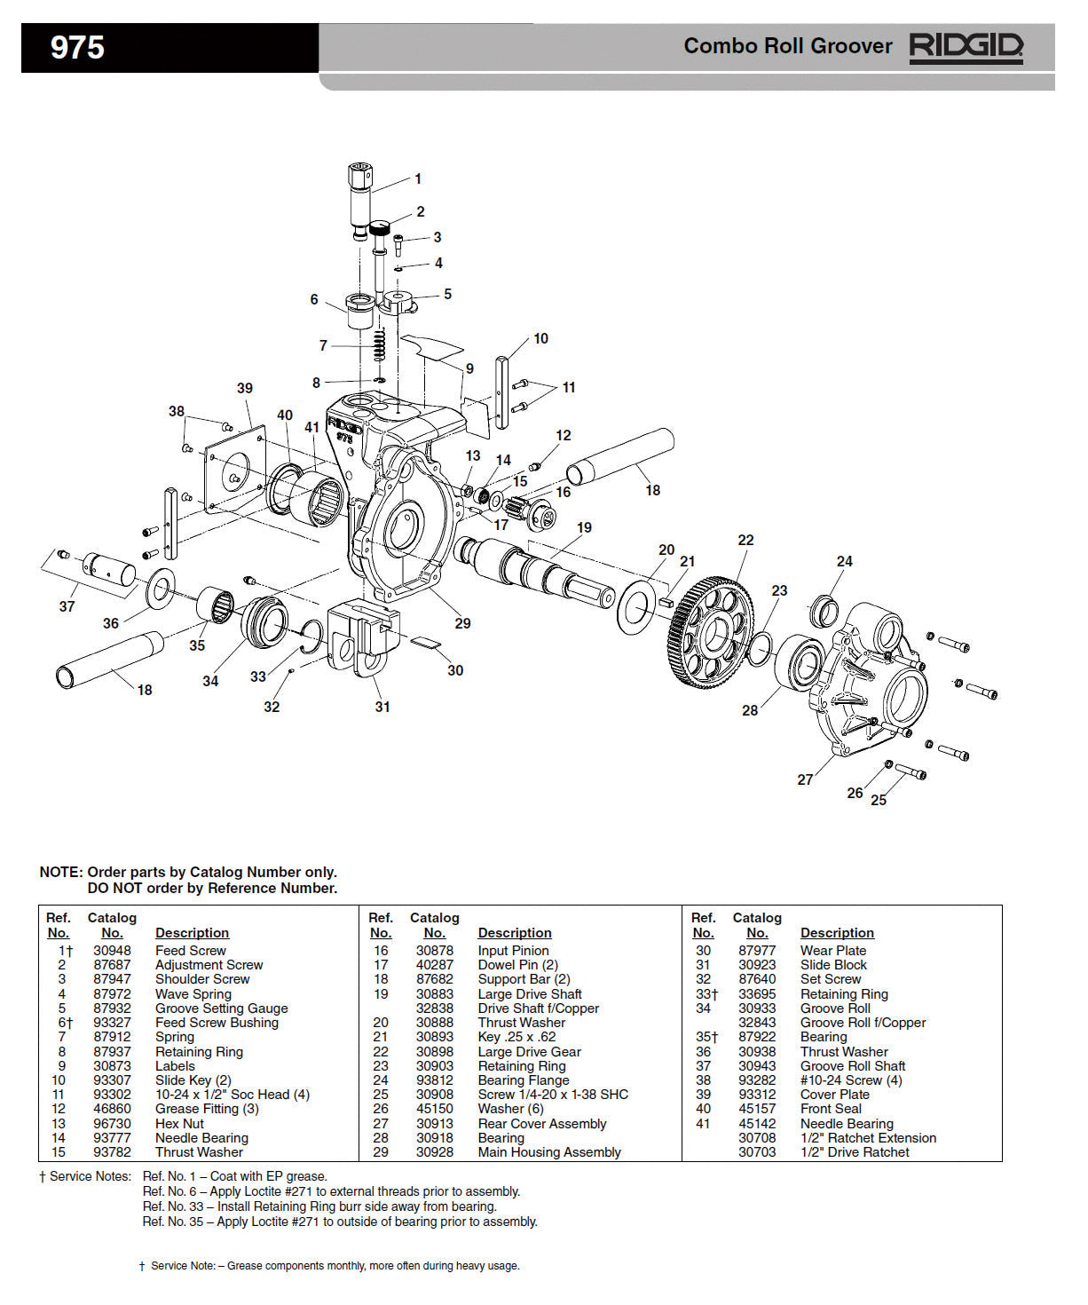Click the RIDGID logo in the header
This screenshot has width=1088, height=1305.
(x=966, y=47)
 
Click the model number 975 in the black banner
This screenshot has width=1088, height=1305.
(x=77, y=47)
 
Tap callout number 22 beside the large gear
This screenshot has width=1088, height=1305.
(x=745, y=540)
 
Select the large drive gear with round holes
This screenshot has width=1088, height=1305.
(x=711, y=630)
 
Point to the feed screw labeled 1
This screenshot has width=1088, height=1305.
(x=360, y=201)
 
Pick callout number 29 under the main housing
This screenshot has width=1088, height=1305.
(x=462, y=623)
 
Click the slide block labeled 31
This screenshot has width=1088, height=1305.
(x=359, y=636)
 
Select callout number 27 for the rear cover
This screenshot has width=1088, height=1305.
(x=805, y=779)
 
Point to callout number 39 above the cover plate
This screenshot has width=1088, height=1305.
(x=245, y=388)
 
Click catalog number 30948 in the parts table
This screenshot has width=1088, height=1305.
(x=112, y=951)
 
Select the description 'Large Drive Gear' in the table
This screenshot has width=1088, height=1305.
(x=529, y=1052)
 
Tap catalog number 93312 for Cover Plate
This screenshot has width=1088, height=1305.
(x=757, y=1095)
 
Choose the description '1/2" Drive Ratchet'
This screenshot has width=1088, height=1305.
(x=855, y=1152)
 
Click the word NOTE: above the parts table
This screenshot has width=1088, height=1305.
(x=60, y=872)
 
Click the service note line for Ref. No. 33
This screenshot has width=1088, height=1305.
(x=319, y=1206)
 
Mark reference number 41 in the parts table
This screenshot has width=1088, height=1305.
(x=703, y=1124)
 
